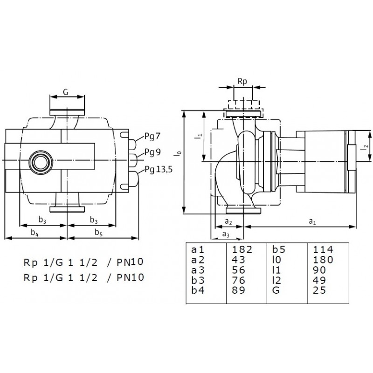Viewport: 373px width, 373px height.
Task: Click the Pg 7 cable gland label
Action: [152, 137]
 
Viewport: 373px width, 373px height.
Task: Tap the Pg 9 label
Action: [152, 152]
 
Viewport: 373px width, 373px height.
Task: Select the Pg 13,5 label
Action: [159, 170]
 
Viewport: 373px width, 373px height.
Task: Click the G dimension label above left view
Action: [66, 92]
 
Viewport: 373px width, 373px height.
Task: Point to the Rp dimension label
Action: [242, 81]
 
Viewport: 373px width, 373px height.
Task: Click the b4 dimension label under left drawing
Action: [35, 232]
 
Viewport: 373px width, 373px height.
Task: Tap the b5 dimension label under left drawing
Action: [98, 232]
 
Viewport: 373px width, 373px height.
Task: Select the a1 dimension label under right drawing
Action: [312, 222]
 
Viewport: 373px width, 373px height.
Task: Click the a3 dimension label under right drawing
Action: [226, 235]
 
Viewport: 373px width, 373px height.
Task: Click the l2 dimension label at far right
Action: [366, 145]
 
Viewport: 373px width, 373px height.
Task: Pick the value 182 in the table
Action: [242, 249]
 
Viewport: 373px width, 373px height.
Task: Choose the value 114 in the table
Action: [323, 249]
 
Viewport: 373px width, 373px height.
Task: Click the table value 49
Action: [319, 281]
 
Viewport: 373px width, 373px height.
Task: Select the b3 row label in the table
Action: [198, 281]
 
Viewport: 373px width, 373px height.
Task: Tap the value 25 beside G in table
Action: [319, 290]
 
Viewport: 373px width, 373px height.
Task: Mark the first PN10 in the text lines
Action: [130, 262]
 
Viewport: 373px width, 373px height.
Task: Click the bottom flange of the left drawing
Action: [67, 209]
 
